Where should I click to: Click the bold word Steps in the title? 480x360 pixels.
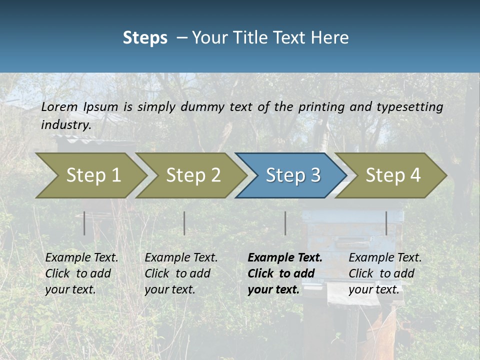point(145,37)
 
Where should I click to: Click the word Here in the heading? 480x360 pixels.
point(329,37)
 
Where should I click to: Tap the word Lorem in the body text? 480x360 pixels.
point(59,106)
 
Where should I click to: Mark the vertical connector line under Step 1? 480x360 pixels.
point(84,223)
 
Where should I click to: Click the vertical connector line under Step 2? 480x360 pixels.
point(184,223)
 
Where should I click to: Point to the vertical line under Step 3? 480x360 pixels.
point(285,223)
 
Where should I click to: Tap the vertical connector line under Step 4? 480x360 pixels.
point(386,223)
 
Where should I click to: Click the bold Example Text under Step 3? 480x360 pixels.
point(285,258)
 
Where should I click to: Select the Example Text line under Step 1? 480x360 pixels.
point(81,258)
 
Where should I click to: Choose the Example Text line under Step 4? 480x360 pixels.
point(385,258)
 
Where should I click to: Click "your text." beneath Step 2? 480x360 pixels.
point(169,289)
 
